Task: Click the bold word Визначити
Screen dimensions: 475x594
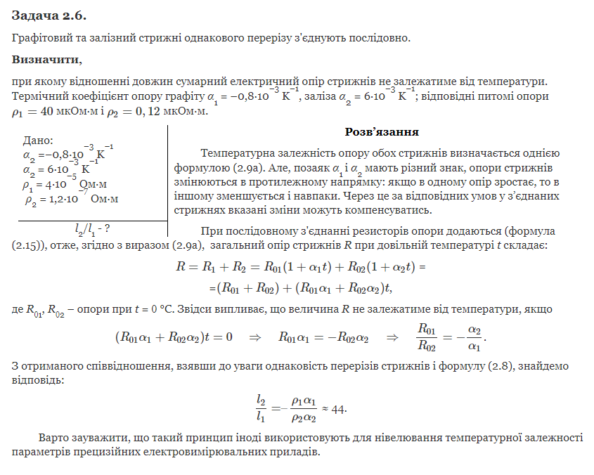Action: coord(46,59)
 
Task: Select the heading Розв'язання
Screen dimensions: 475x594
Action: coord(382,132)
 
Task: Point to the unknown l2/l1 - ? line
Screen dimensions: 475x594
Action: coord(92,228)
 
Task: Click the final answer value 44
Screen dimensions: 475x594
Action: coord(339,409)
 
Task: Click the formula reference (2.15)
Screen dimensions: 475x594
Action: coord(30,245)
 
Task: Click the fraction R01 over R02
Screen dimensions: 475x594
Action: coord(427,336)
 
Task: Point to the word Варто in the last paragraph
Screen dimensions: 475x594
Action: coord(53,437)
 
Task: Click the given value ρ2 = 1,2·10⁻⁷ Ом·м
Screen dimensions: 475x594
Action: coord(70,200)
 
